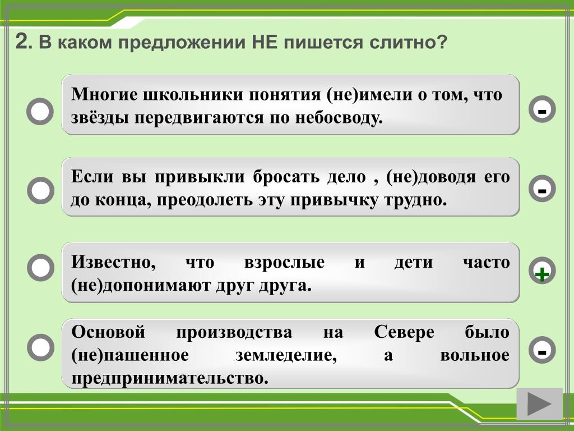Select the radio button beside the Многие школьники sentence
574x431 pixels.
(40, 111)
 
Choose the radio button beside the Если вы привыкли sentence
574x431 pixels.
(40, 190)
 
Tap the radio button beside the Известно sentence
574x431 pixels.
(40, 268)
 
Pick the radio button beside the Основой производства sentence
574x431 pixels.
(40, 347)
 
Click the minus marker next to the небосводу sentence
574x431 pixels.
(542, 109)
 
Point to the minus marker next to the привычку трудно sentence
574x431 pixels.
(542, 189)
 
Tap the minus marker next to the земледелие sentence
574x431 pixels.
(542, 350)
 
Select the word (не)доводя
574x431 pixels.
(430, 177)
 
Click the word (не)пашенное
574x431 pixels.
(130, 355)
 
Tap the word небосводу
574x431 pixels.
(339, 118)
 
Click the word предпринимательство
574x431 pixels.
(170, 378)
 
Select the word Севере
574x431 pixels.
(404, 332)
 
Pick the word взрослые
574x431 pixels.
(284, 263)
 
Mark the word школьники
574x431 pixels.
(193, 94)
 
